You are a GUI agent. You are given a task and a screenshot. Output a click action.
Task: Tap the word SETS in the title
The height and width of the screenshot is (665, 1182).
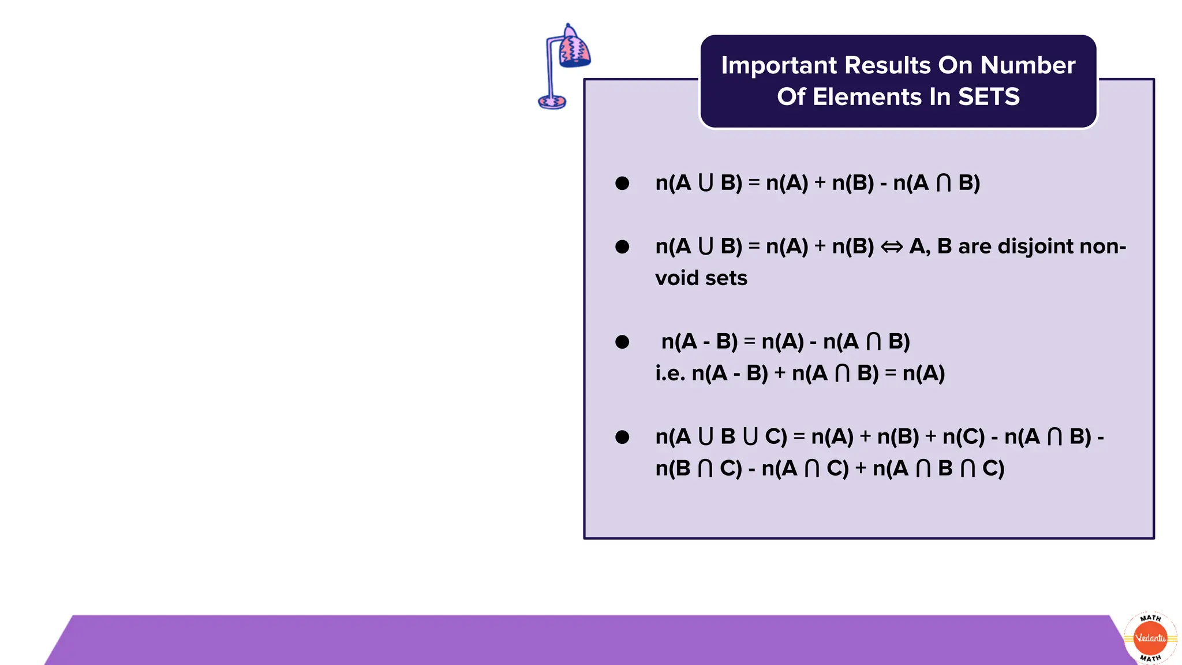(989, 97)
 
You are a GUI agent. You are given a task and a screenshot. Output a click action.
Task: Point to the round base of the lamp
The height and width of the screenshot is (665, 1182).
(552, 102)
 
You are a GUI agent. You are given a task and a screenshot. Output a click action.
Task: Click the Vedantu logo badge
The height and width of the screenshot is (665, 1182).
(1150, 638)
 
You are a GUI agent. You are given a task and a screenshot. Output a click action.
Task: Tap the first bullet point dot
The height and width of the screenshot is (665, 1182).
(622, 184)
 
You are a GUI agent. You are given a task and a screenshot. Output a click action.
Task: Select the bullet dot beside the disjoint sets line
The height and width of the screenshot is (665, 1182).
(622, 247)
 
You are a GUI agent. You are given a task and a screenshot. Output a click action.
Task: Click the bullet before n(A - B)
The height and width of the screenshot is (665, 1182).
(622, 342)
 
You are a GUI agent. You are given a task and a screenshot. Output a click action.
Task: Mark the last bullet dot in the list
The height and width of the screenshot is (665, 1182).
(622, 437)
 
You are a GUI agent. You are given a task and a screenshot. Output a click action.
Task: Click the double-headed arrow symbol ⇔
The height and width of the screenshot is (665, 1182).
(892, 248)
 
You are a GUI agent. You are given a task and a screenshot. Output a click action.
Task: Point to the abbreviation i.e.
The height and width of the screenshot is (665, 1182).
(670, 373)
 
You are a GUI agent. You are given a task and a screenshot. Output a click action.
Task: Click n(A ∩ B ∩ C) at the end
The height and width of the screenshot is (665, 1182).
(938, 469)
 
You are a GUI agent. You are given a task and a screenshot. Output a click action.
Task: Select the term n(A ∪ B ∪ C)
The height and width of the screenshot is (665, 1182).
(721, 437)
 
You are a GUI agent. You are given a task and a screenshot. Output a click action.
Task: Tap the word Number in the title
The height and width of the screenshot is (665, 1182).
(1028, 66)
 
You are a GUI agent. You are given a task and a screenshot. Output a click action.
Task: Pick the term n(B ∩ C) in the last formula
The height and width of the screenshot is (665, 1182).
(698, 469)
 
